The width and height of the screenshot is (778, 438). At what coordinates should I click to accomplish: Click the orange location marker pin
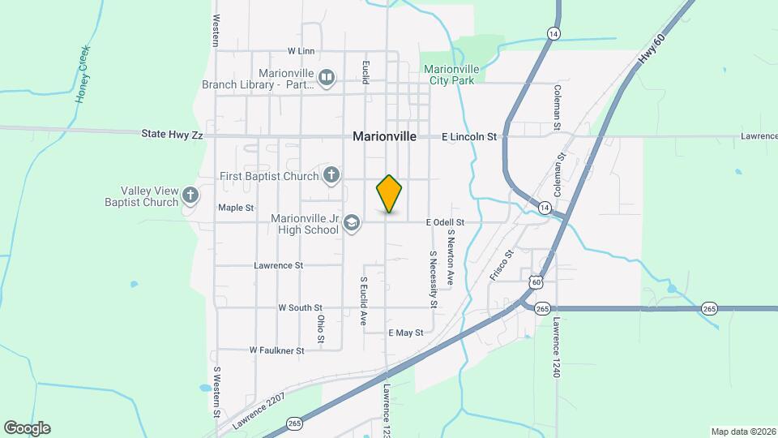click(389, 194)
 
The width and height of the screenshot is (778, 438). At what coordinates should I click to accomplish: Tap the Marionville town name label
click(385, 137)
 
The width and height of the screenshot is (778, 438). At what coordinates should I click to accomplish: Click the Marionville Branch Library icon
click(327, 78)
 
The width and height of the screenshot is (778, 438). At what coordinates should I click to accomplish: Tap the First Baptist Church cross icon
click(331, 175)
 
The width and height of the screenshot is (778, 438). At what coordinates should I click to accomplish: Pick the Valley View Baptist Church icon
click(190, 195)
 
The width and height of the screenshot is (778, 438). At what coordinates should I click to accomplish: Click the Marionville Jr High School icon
click(352, 223)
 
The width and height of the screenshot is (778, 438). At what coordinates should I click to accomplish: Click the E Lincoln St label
click(469, 138)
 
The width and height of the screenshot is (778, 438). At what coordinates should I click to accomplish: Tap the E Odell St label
click(446, 222)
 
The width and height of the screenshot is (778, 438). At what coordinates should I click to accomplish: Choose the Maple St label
click(236, 208)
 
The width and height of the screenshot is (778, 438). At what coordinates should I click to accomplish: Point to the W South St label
click(300, 308)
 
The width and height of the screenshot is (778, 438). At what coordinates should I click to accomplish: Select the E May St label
click(406, 333)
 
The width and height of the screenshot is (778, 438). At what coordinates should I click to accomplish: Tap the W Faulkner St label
click(276, 351)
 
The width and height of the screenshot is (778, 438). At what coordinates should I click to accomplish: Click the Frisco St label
click(502, 265)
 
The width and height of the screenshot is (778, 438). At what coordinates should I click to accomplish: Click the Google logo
click(27, 427)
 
